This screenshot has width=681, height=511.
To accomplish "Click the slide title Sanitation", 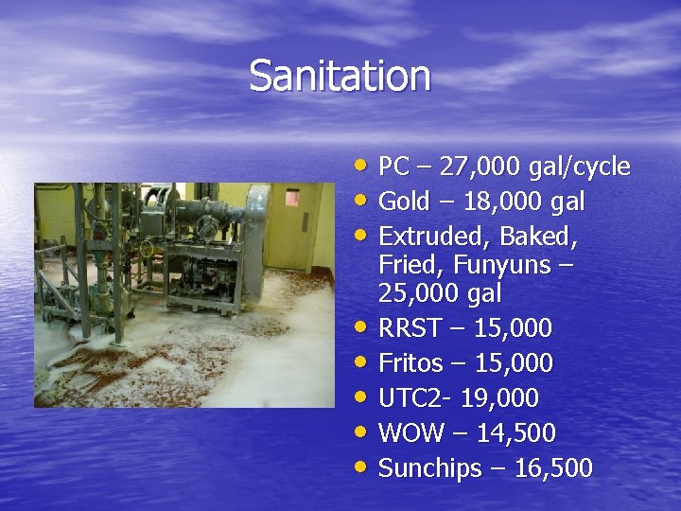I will [x=340, y=76].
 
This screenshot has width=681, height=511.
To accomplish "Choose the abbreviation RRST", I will [x=411, y=328].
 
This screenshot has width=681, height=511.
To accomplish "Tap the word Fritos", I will [x=412, y=363].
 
